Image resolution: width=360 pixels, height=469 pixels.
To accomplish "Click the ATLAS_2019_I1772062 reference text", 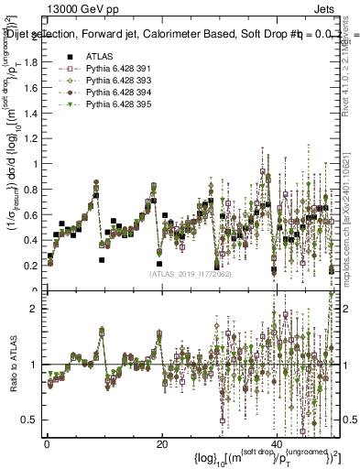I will [x=190, y=273].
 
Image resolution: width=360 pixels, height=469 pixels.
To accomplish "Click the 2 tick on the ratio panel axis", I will [x=35, y=309].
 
